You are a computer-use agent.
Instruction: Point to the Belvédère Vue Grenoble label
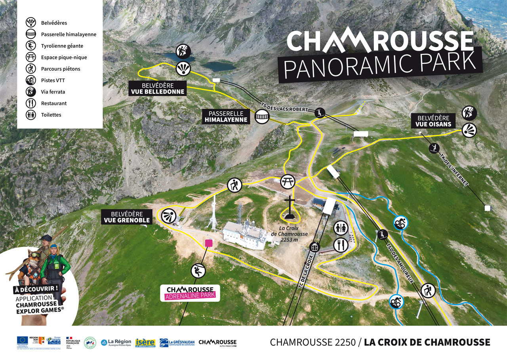(127, 217)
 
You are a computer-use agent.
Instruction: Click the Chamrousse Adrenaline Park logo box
(190, 293)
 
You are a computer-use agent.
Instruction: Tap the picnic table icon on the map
(288, 181)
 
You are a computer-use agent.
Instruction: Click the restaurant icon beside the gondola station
(340, 245)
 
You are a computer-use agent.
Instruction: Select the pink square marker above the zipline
(208, 243)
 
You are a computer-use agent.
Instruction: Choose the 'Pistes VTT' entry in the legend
(53, 80)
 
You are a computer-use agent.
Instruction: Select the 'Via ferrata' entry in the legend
(53, 92)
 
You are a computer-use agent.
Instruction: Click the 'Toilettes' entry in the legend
(51, 115)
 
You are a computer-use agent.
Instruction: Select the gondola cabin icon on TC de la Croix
(314, 247)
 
